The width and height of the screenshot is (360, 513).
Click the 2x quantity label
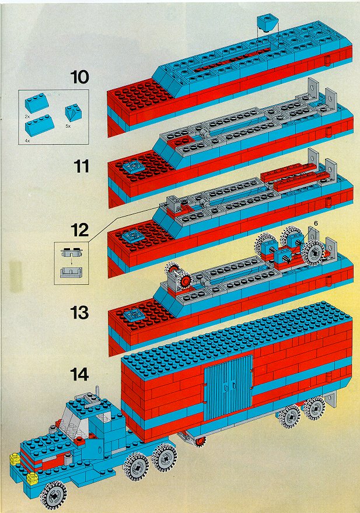click(27, 117)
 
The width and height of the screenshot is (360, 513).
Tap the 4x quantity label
click(27, 139)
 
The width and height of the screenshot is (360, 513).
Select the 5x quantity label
click(68, 125)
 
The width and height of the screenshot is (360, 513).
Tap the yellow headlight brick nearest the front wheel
click(34, 480)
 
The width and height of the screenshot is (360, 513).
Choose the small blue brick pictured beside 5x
click(72, 111)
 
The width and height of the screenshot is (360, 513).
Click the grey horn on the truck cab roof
click(92, 397)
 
